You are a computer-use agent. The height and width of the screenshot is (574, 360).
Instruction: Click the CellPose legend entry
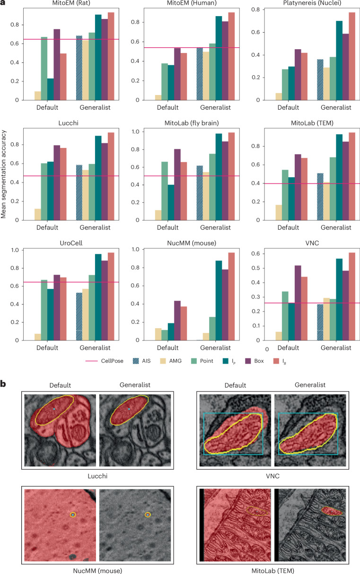coord(105,361)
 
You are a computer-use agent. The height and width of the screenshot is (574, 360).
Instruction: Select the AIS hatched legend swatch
coord(136,361)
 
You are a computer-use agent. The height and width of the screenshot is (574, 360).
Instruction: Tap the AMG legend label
coord(176,361)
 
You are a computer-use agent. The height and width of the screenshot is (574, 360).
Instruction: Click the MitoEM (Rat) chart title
coord(71,3)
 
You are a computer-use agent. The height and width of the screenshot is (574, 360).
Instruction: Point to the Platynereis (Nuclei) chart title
coord(312,3)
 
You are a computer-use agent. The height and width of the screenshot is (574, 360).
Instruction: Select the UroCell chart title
coord(71,243)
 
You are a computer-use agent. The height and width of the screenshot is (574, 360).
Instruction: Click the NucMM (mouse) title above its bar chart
coord(192,243)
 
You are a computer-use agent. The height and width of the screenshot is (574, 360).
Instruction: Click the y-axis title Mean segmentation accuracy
coord(3,174)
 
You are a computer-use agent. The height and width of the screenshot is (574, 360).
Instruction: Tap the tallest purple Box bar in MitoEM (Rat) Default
coord(57,65)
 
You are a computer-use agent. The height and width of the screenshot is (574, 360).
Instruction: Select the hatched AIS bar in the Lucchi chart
coord(79,192)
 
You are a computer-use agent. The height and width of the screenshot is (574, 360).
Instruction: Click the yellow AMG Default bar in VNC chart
coord(279,336)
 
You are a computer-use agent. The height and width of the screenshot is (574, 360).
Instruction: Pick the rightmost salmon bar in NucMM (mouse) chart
coord(231,296)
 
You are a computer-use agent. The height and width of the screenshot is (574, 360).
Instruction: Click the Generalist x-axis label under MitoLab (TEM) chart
coord(336,227)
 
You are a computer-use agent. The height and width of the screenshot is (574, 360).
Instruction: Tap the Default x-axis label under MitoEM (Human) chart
coord(167,107)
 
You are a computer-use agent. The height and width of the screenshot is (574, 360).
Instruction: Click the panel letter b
coord(3,384)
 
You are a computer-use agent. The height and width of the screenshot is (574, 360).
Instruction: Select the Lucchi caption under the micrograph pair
coord(97,476)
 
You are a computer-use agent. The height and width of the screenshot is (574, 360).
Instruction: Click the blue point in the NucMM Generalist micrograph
coord(148,514)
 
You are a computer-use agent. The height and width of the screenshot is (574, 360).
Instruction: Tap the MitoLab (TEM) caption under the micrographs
coord(272,571)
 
